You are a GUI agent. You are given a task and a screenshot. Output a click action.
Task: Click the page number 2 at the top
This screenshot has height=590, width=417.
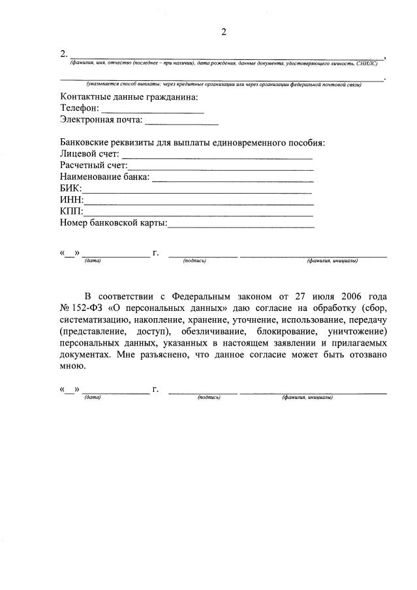click(x=223, y=32)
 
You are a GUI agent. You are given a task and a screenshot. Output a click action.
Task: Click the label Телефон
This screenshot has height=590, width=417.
click(x=80, y=109)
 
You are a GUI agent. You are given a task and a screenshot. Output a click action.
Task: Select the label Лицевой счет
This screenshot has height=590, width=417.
click(x=89, y=154)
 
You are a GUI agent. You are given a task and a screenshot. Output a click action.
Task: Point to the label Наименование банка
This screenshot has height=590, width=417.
click(x=104, y=177)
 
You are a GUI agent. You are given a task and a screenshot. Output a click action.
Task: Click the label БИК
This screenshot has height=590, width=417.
click(x=70, y=188)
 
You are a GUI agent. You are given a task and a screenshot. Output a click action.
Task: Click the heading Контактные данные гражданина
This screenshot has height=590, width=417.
click(x=129, y=97)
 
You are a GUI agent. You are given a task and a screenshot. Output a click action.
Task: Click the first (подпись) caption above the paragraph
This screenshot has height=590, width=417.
click(x=195, y=261)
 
